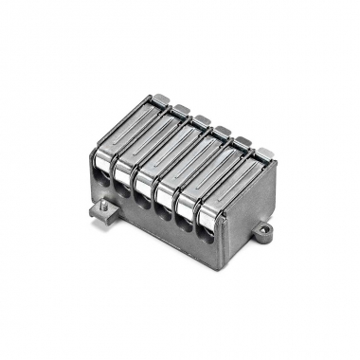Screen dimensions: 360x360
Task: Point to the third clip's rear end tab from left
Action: point(202,119)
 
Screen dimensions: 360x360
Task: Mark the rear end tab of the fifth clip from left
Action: point(243,141)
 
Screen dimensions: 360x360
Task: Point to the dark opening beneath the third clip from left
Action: point(143,200)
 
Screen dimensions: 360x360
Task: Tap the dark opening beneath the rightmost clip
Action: point(207,236)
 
